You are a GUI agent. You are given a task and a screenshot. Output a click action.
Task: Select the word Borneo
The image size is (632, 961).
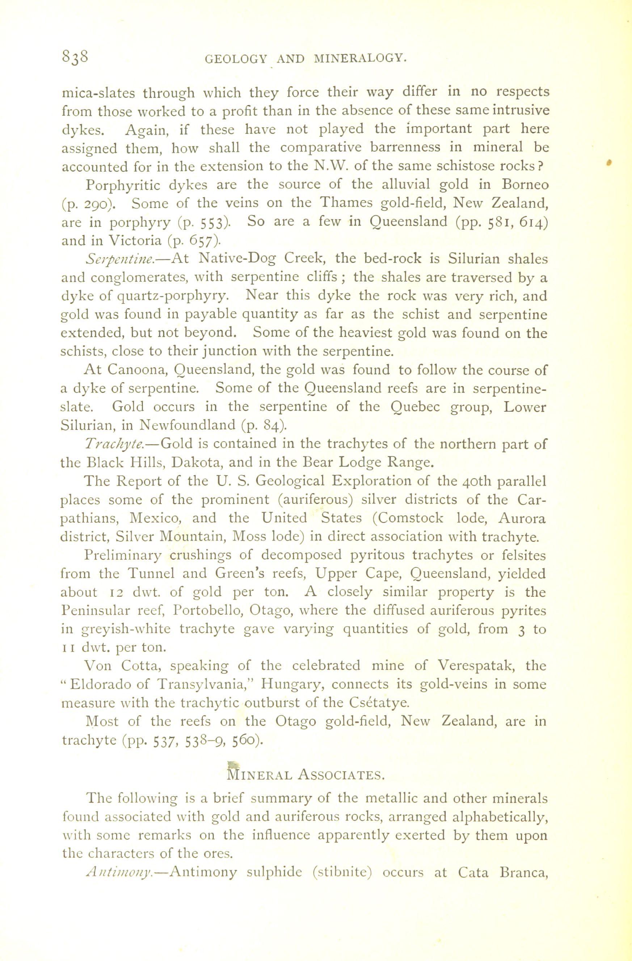click(525, 184)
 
